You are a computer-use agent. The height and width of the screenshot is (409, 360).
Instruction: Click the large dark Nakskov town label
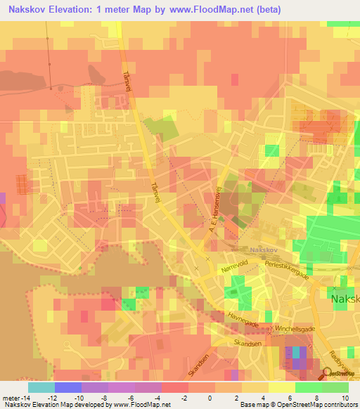[x=345, y=299]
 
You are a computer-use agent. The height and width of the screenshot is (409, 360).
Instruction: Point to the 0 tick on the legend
[x=209, y=398]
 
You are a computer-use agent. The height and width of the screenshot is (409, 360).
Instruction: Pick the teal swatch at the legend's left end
[x=41, y=387]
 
